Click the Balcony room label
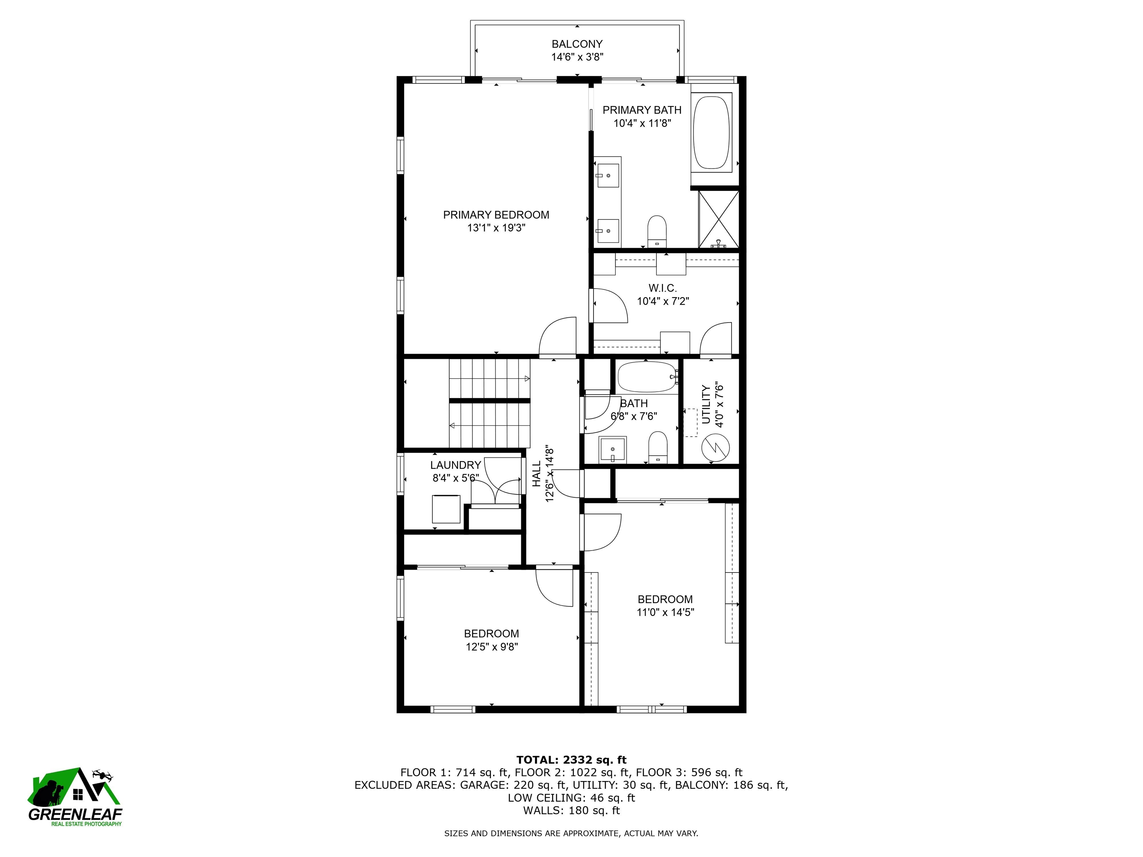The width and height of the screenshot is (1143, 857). (x=577, y=44)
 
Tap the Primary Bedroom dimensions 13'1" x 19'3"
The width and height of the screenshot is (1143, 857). (x=496, y=228)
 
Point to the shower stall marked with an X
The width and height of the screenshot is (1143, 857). (x=718, y=219)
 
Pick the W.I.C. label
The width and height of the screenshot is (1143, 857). (x=662, y=288)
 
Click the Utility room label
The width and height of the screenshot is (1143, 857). (x=706, y=404)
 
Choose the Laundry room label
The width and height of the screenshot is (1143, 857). (x=455, y=465)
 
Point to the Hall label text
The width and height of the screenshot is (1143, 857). (x=537, y=474)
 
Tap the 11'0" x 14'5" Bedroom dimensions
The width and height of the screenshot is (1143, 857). (x=665, y=613)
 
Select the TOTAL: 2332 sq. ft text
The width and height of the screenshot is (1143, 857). (x=571, y=760)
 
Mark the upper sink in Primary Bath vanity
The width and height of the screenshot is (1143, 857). (x=608, y=175)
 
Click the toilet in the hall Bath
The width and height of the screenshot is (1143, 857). (x=658, y=447)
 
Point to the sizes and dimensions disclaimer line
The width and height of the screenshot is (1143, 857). (x=571, y=833)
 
